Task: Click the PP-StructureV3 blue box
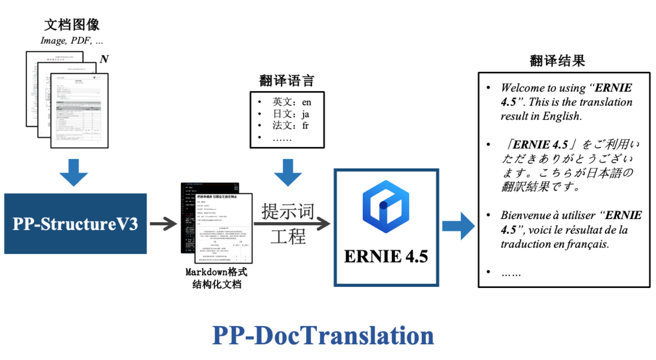pyautogui.click(x=75, y=223)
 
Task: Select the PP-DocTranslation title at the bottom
pyautogui.click(x=323, y=335)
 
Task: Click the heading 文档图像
pyautogui.click(x=72, y=24)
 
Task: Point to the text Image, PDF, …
pyautogui.click(x=72, y=41)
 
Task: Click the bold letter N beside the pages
pyautogui.click(x=104, y=59)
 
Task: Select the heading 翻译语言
pyautogui.click(x=287, y=81)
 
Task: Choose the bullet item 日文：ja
pyautogui.click(x=291, y=114)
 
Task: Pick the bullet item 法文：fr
pyautogui.click(x=290, y=126)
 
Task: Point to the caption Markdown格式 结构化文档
pyautogui.click(x=216, y=278)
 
